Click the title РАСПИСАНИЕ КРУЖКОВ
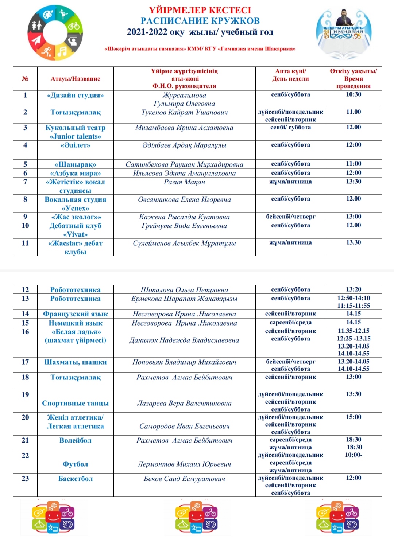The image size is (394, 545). pos(200,21)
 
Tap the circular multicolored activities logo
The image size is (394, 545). pos(55,33)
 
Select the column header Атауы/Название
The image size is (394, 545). pos(75,79)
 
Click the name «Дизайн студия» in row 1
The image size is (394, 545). pos(75,96)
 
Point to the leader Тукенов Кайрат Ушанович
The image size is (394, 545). pos(184,113)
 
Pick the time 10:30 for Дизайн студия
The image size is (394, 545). pos(353,94)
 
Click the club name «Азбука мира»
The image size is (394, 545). pos(75,173)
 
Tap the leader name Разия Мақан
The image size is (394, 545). pos(184,182)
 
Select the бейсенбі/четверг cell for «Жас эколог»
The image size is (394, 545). pos(290,217)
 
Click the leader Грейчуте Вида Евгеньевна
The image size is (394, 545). pos(184,226)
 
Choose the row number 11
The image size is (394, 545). pos(25,243)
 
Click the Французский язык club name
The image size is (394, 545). pos(75,314)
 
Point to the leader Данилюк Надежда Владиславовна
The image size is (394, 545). pos(184,340)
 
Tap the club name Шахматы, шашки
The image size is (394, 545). pos(75,362)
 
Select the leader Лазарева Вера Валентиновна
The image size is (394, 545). pos(184,403)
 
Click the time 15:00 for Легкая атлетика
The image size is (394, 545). pos(353,417)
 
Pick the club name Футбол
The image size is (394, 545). pos(75,464)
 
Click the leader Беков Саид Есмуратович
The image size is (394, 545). pos(184,479)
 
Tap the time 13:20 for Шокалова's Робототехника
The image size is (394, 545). pos(353,289)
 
